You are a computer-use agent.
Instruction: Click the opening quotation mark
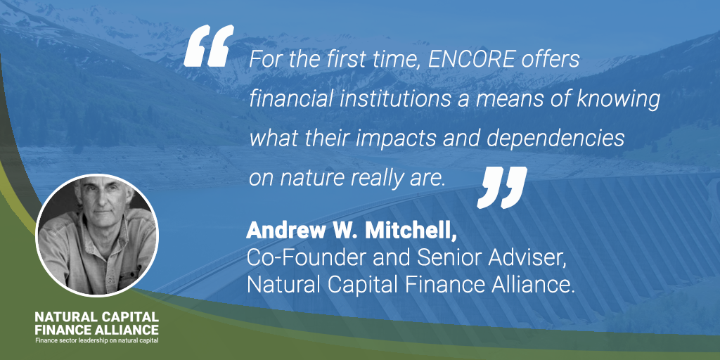(x=209, y=46)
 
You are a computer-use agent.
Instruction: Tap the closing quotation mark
(x=502, y=187)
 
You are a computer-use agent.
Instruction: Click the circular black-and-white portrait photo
(x=97, y=235)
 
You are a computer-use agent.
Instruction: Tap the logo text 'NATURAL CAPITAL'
(x=97, y=316)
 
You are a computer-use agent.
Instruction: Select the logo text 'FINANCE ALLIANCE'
(x=97, y=329)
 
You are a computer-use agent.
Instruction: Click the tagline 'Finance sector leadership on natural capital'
(x=97, y=341)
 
